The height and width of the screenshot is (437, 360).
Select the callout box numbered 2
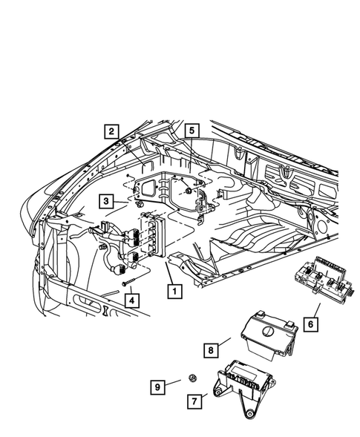click(111, 133)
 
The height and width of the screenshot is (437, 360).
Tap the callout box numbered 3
click(108, 201)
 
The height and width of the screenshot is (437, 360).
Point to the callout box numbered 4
click(131, 300)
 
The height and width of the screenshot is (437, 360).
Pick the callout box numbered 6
click(310, 324)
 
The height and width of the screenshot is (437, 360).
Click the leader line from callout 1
click(169, 268)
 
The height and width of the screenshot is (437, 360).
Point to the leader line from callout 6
click(315, 308)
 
